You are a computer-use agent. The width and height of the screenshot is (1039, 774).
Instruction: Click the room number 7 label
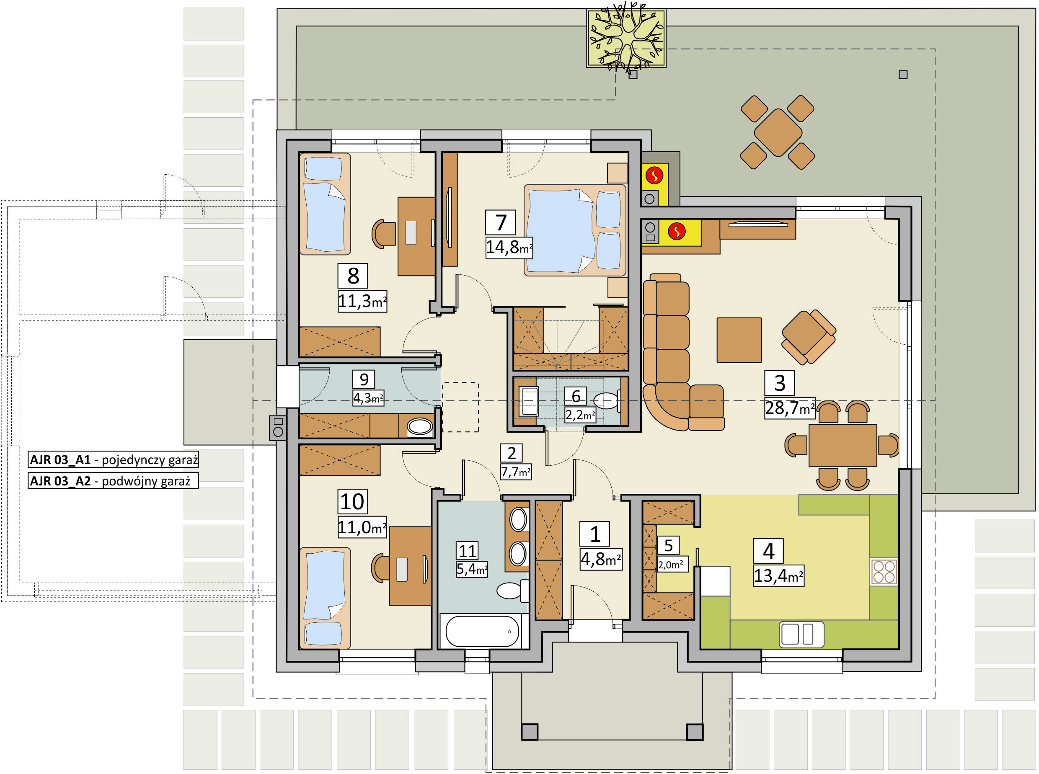coord(500,222)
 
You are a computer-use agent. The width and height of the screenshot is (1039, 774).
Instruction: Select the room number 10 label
coord(352,502)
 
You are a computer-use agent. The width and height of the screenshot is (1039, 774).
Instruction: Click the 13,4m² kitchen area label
coord(778,576)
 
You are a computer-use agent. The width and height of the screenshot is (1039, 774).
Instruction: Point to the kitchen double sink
coord(801,635)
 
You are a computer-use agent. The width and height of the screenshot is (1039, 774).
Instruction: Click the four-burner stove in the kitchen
coord(884,572)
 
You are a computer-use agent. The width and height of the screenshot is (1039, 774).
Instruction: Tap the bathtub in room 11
coord(482,631)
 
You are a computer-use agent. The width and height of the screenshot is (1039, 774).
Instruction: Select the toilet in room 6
coord(607,401)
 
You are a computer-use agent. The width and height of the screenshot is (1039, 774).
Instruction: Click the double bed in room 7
coord(575,230)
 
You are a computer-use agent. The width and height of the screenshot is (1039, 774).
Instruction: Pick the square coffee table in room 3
coord(739,340)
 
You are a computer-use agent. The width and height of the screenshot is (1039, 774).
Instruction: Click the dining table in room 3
coord(843,445)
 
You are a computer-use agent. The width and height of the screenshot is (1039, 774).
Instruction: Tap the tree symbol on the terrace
coord(626,39)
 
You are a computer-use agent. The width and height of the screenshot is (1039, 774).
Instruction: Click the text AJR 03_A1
coord(60,459)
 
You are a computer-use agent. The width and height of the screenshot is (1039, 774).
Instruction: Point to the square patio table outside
coord(778,133)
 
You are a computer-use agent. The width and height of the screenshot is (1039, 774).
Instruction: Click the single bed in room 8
coord(325,204)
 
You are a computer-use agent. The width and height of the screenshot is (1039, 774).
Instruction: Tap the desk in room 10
coord(411,566)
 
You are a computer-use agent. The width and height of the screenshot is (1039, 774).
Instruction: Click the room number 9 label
coord(364,379)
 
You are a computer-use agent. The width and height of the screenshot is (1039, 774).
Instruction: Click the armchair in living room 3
coord(809,337)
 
